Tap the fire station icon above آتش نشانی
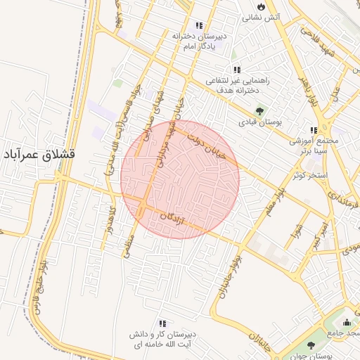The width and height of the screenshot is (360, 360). pyautogui.click(x=262, y=6)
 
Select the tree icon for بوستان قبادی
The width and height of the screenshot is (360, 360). pyautogui.click(x=260, y=110)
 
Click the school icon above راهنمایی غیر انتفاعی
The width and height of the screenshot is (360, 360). pyautogui.click(x=237, y=70)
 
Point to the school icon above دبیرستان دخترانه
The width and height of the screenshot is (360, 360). pyautogui.click(x=199, y=25)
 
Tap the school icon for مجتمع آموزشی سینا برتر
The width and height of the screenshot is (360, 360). pyautogui.click(x=314, y=130)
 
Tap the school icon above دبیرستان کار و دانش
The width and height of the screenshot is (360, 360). pyautogui.click(x=162, y=323)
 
